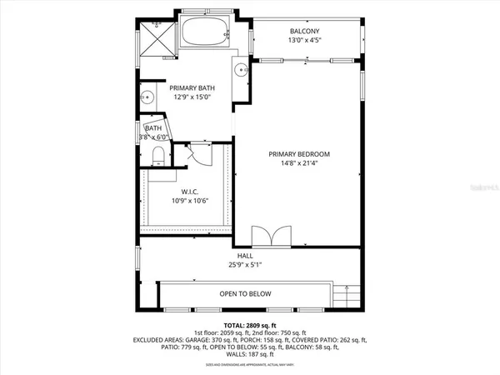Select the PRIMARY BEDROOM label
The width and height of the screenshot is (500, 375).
pos(300,154)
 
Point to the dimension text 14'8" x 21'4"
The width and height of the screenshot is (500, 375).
pos(300,164)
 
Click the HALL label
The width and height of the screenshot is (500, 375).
pos(245,257)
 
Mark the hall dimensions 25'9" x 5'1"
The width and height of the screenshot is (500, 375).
pos(245,266)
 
